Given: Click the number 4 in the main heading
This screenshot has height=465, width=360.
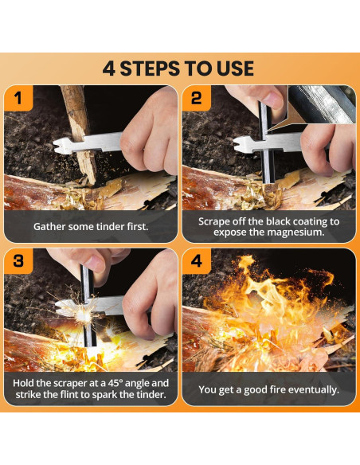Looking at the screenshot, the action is pyautogui.click(x=109, y=68).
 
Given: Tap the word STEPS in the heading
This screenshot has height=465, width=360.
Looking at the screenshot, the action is pyautogui.click(x=151, y=68).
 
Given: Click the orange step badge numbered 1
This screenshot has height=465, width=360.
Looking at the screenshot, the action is pyautogui.click(x=18, y=98).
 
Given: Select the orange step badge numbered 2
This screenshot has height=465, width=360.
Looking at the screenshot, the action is pyautogui.click(x=196, y=98).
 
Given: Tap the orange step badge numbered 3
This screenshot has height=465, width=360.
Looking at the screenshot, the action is pyautogui.click(x=18, y=261).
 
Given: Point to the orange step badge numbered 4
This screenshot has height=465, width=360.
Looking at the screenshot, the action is pyautogui.click(x=196, y=261).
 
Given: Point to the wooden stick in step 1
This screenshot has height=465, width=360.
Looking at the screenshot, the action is pyautogui.click(x=79, y=134).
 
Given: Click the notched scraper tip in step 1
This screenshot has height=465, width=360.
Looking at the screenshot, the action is pyautogui.click(x=63, y=145).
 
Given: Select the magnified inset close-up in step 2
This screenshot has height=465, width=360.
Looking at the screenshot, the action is pyautogui.click(x=322, y=104).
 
